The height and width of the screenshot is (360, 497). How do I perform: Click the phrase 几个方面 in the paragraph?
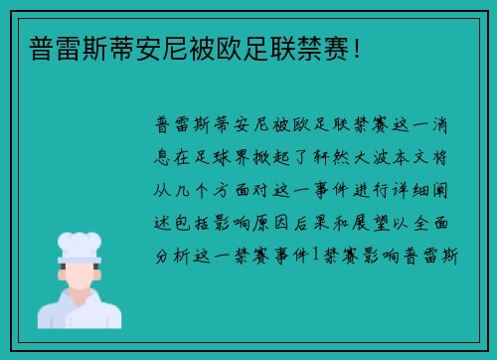pos(213,189)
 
